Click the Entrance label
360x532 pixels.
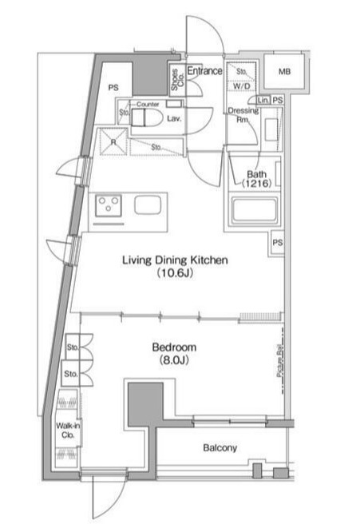click(x=204, y=71)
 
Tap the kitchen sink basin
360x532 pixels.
click(x=148, y=205)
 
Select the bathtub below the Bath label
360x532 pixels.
click(x=253, y=213)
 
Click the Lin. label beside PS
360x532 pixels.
click(x=263, y=101)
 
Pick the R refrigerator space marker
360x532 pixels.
click(x=115, y=141)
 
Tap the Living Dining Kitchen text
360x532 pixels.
click(x=176, y=260)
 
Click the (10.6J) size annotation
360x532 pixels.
click(x=176, y=273)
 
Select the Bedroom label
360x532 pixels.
click(x=174, y=347)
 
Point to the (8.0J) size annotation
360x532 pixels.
click(x=174, y=361)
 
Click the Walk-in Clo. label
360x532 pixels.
click(x=68, y=431)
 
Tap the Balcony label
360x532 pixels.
click(x=220, y=448)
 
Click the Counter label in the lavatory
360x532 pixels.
click(x=147, y=105)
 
